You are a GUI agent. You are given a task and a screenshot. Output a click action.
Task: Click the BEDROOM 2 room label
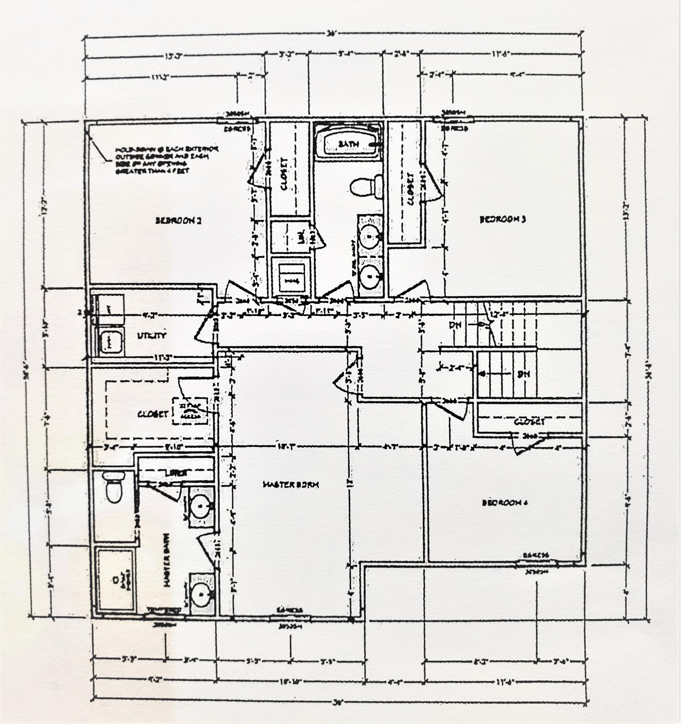tap(178, 220)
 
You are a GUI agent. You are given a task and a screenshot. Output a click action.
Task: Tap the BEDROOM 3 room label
tap(503, 219)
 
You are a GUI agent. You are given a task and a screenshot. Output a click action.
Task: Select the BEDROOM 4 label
tap(504, 503)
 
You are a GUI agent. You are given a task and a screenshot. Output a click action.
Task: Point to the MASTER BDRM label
tap(291, 484)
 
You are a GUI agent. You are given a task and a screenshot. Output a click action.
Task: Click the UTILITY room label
tap(152, 336)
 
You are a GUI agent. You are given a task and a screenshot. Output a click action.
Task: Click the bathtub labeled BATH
tap(348, 144)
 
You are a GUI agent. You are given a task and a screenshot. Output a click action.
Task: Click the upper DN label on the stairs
tap(455, 324)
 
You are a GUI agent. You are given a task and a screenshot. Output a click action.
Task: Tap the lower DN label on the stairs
tap(523, 374)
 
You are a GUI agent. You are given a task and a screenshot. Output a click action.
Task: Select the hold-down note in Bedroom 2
tap(167, 160)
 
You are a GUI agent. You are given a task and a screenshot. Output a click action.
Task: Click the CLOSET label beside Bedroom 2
tap(284, 174)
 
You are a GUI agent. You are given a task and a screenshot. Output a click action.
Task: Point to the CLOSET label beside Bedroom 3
tap(411, 188)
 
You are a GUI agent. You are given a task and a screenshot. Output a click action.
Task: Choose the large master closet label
tap(153, 414)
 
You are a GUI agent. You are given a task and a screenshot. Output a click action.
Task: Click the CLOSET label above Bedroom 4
tap(530, 422)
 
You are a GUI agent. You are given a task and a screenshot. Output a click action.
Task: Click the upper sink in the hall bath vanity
tap(369, 236)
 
